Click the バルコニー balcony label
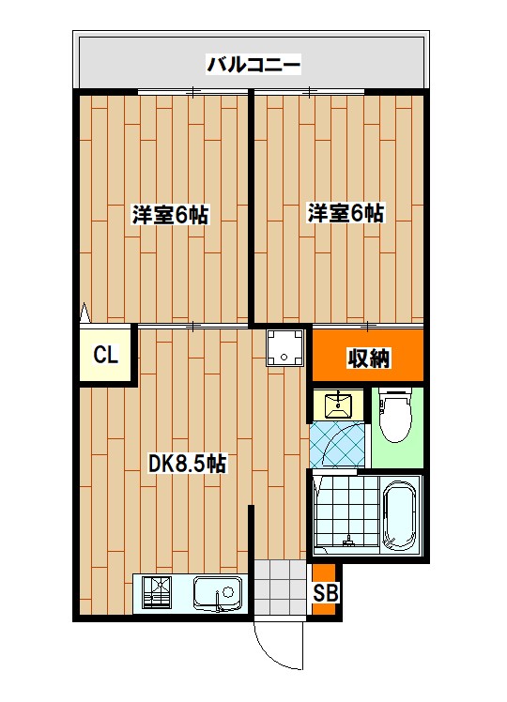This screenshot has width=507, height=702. point(253,65)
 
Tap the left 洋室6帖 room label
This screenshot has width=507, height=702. point(169,215)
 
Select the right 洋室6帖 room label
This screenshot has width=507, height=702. point(346,213)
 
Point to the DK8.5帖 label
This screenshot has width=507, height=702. point(188,463)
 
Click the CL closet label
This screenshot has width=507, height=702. point(105,356)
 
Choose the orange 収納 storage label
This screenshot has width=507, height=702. point(369,358)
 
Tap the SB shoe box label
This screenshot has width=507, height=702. point(325,593)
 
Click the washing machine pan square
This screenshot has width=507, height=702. point(285,348)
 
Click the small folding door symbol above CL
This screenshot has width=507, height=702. point(84,313)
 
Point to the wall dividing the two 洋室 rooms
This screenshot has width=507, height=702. point(251,206)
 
